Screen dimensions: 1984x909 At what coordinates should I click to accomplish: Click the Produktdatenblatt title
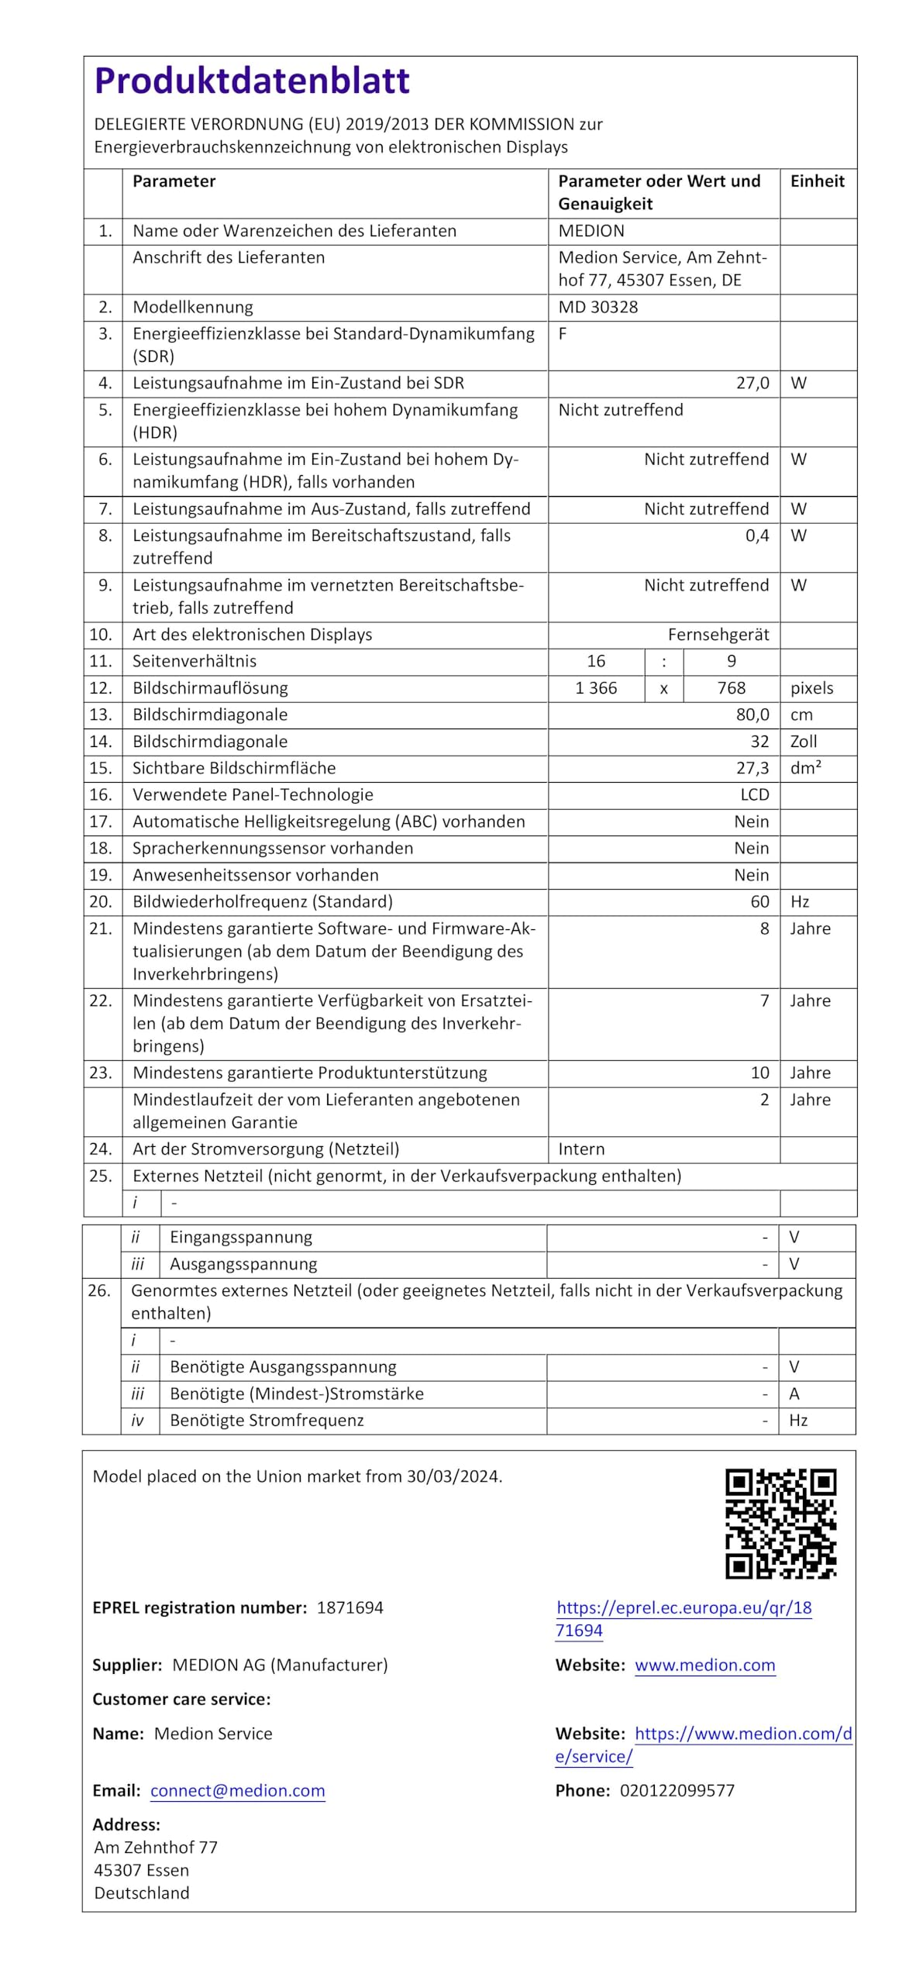coord(252,81)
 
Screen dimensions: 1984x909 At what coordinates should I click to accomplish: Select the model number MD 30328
coord(597,307)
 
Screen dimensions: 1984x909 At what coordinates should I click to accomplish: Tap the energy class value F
coord(563,333)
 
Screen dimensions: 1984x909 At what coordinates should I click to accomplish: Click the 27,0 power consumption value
coord(752,383)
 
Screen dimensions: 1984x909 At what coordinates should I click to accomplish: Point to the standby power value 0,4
coord(757,536)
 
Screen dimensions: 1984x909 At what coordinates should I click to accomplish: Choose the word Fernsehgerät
coord(718,635)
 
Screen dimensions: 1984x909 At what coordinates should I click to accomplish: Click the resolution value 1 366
coord(596,688)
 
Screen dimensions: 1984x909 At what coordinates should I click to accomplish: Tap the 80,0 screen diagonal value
coord(752,715)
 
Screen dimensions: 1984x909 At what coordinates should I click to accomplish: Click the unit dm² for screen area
coord(805,768)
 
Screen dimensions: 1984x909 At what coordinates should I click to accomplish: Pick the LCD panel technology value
coord(754,795)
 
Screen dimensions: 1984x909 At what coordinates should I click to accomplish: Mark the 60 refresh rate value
coord(759,902)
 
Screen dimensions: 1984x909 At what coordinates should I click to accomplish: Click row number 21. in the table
coord(101,928)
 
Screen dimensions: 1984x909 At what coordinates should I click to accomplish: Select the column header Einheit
coord(817,181)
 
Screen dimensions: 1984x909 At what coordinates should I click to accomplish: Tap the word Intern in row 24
coord(581,1149)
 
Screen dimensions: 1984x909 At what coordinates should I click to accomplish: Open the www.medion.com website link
coord(704,1665)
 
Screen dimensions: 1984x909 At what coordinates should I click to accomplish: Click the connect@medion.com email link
coord(237,1791)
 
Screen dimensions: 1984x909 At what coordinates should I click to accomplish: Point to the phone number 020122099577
coord(677,1791)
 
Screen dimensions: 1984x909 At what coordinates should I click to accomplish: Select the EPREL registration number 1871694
coord(349,1608)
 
